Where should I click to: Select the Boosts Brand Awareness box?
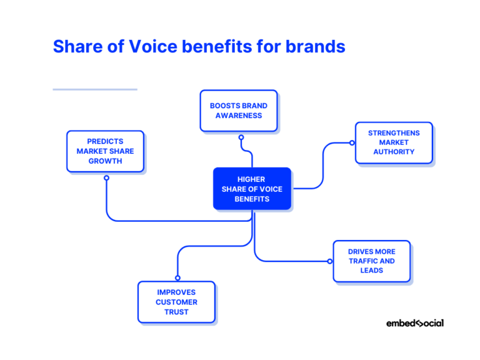tap(238, 111)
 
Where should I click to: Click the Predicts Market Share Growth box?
tap(105, 151)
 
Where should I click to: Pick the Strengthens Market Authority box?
tap(394, 142)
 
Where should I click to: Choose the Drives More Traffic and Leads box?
tap(371, 261)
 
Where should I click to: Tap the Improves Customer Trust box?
tap(176, 302)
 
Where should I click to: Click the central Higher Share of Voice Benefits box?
tap(252, 189)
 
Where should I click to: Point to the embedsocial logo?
tap(414, 323)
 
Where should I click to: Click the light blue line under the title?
tap(94, 89)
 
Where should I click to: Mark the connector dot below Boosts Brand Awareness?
tap(241, 137)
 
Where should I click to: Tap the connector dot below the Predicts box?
tap(106, 178)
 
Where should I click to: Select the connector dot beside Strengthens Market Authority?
tap(352, 142)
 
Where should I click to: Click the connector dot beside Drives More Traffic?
tap(330, 261)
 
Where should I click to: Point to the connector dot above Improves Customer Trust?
tap(177, 278)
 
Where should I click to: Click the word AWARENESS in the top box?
tap(239, 116)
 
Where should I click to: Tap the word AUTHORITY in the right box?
tap(394, 152)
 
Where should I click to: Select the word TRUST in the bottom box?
tap(176, 312)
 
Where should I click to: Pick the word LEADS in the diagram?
tap(371, 271)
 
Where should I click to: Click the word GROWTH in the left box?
tap(105, 161)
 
